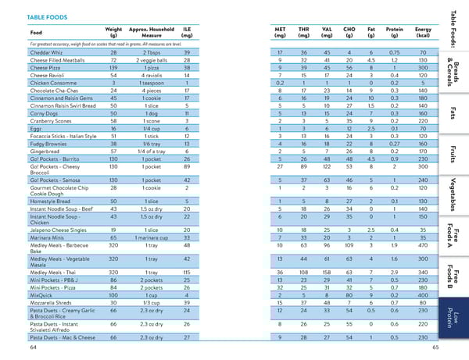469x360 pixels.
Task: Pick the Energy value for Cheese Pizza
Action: click(x=422, y=66)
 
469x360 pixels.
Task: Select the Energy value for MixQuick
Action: click(x=422, y=295)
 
